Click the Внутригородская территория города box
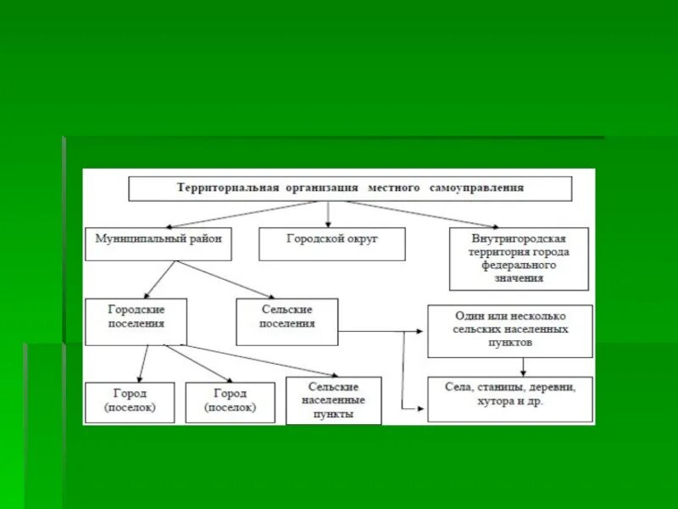tap(520, 258)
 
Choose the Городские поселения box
tap(136, 321)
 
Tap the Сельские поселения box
tap(286, 321)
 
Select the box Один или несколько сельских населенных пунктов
tap(509, 331)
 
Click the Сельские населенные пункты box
tap(333, 400)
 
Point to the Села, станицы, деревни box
tap(509, 399)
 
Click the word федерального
tap(520, 266)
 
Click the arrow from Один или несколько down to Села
tap(523, 366)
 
